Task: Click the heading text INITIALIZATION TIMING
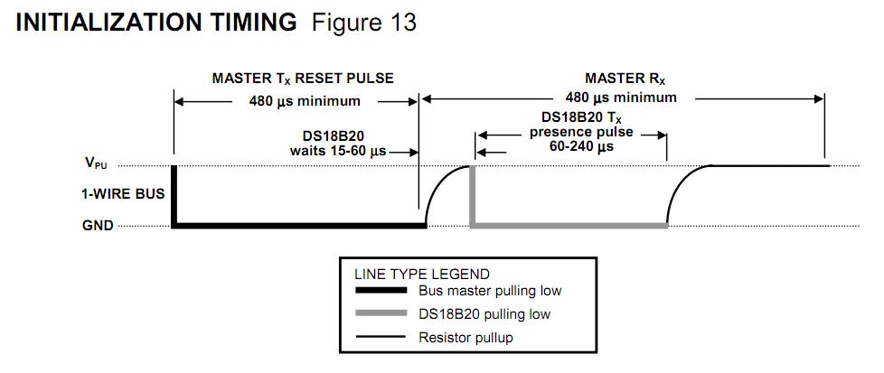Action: coord(156,23)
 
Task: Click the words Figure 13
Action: coord(364,23)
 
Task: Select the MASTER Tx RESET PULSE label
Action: coord(303,79)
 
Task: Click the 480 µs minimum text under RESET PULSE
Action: coord(305,101)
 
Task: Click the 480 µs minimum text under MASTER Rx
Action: coord(621,98)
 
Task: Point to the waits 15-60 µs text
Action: coord(338,151)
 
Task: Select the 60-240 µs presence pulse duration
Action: coord(581,146)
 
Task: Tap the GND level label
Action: coord(99,226)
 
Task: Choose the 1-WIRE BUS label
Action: coord(122,194)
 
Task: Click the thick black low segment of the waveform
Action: coord(299,226)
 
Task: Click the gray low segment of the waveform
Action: coord(569,226)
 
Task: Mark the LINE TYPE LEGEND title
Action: coord(422,275)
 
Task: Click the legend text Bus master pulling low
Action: coord(490,292)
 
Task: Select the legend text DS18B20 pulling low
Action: coord(484,314)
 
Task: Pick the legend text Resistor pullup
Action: coord(466,338)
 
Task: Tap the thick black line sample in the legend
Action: coord(381,291)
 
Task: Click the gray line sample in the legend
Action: coord(381,313)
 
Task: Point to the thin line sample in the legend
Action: coord(381,337)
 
